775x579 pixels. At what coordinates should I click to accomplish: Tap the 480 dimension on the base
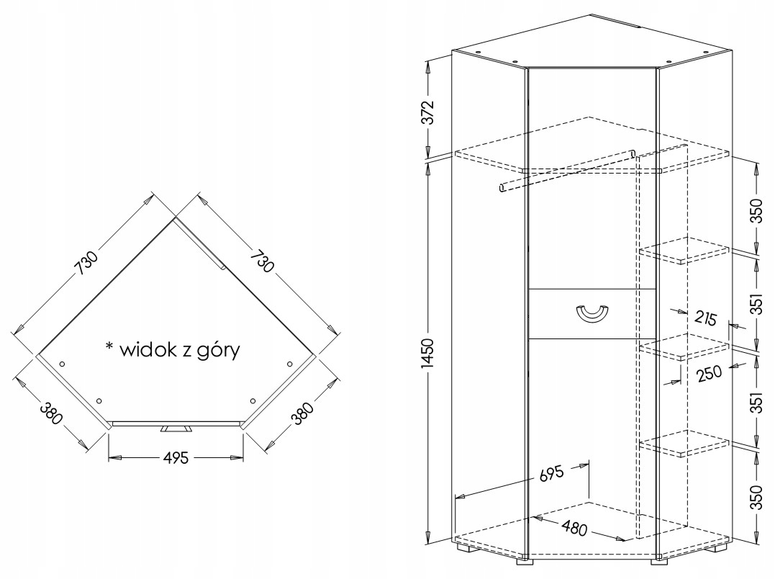574,528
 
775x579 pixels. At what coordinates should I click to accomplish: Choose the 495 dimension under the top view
175,457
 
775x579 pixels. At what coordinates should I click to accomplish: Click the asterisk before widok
109,346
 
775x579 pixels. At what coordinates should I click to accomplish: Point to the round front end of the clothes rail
502,189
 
